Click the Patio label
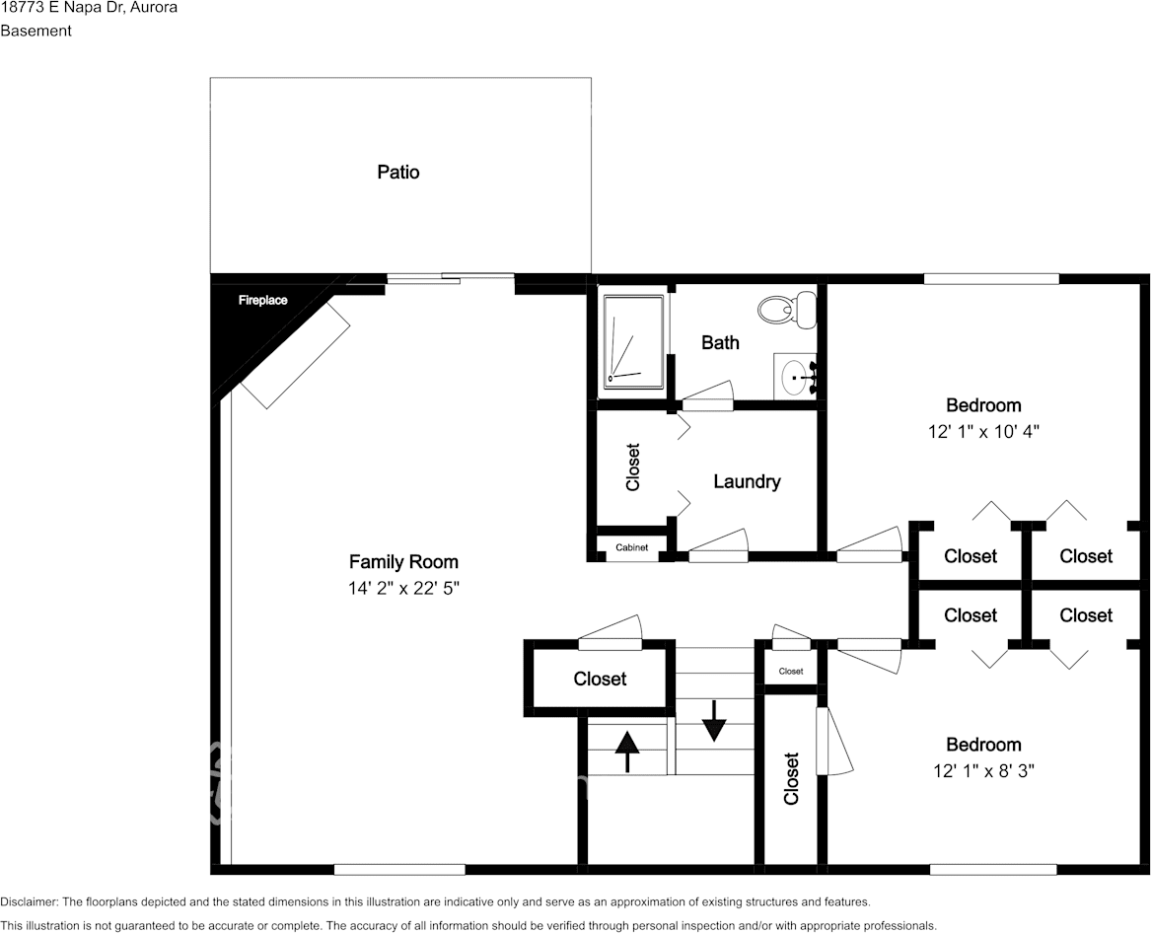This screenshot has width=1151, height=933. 398,172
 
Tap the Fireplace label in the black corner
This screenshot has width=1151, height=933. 262,300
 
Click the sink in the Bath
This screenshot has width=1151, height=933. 796,377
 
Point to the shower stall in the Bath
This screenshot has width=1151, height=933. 634,342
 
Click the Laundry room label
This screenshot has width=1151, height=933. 747,481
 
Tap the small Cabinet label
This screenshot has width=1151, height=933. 632,547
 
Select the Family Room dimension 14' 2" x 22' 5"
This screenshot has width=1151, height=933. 403,588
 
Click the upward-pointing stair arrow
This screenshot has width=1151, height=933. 627,751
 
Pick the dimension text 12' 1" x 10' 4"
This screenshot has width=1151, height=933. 983,432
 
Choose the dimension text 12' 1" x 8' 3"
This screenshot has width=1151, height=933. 983,771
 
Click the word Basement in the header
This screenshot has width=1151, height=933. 36,31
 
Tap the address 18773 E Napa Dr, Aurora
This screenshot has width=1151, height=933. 89,7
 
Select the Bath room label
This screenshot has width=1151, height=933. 720,342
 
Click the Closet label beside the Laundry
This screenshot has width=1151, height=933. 633,466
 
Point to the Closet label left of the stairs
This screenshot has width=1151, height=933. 600,679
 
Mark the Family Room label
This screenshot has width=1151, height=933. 403,561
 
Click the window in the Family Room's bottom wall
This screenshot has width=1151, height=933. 400,870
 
